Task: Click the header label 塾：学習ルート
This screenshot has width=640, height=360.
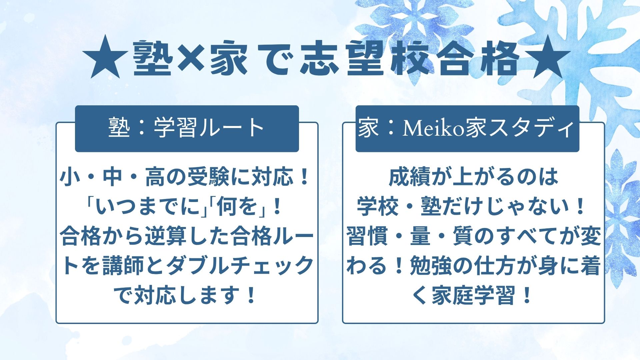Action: click(x=187, y=128)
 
